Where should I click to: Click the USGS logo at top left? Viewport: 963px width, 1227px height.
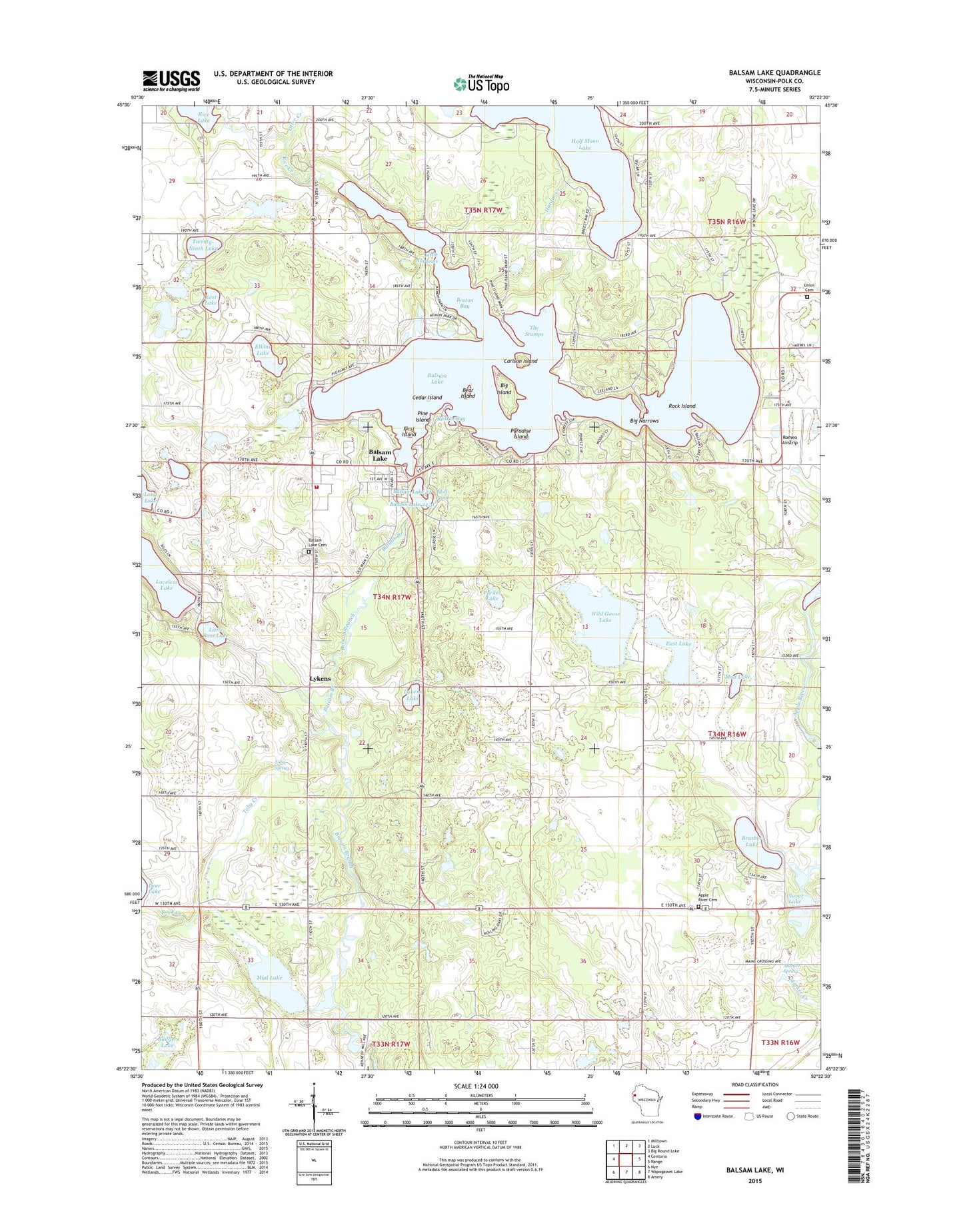tap(171, 80)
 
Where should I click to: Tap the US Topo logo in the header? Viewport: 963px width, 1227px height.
tap(481, 83)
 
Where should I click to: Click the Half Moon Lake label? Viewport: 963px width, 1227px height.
tap(584, 144)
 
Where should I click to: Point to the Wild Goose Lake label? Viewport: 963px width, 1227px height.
tap(604, 617)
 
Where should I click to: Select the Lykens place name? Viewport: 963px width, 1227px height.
tap(320, 679)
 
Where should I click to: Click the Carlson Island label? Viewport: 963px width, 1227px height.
tap(520, 361)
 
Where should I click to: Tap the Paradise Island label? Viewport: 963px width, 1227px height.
tap(520, 434)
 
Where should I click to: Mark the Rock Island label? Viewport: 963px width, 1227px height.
tap(682, 406)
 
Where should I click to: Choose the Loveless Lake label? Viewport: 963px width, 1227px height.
tap(167, 584)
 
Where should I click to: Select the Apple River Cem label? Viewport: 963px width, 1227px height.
tap(707, 898)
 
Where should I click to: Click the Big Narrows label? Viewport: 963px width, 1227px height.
tap(644, 421)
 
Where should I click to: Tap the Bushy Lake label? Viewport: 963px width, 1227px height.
tap(752, 841)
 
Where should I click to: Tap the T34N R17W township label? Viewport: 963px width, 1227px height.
tap(392, 598)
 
